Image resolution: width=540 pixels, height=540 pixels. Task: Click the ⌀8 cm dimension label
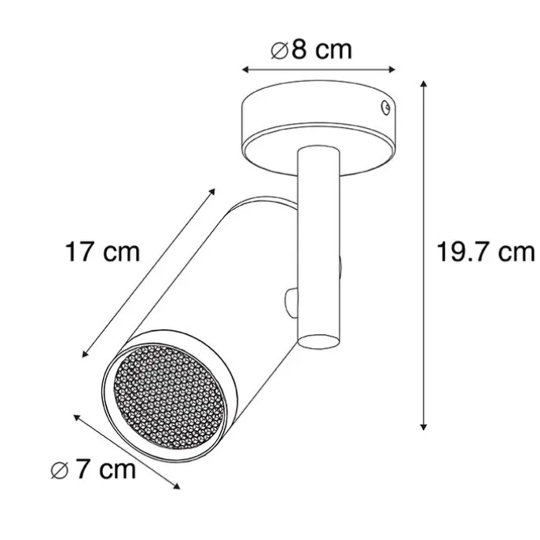click(x=310, y=50)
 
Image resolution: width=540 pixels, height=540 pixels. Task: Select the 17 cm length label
click(x=102, y=252)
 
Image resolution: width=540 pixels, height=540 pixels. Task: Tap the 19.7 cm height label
click(x=486, y=252)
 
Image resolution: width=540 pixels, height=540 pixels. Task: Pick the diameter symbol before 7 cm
click(x=58, y=471)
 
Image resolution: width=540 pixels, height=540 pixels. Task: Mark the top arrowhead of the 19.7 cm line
click(x=425, y=83)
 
